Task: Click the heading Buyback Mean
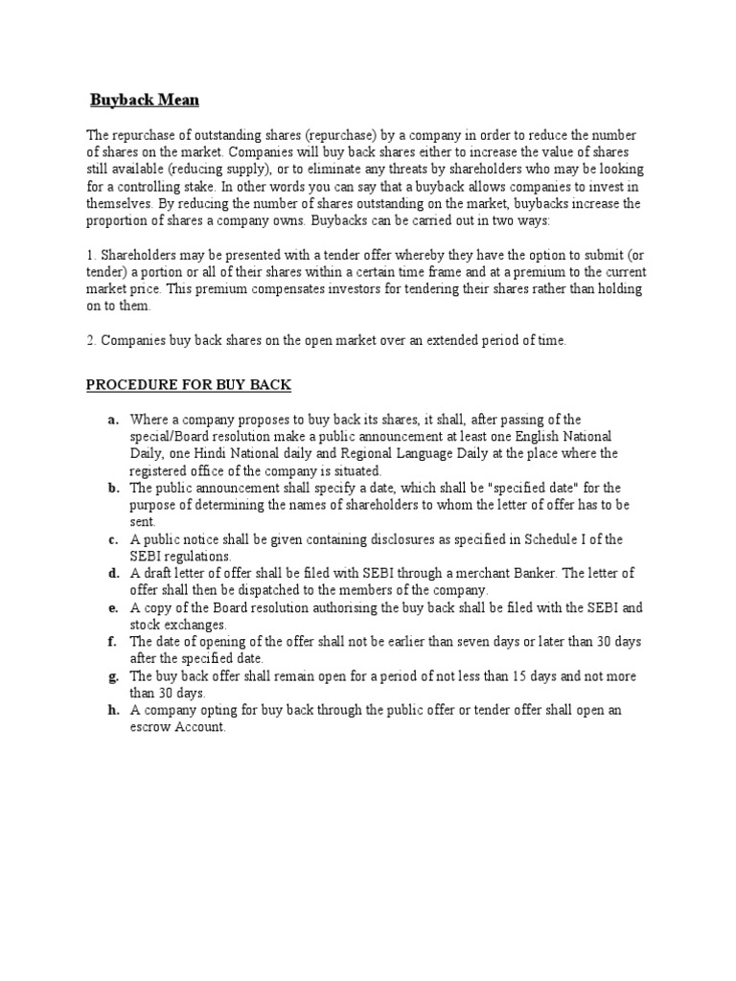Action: click(145, 100)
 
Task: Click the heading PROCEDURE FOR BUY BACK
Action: click(189, 385)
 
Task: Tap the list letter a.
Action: click(112, 420)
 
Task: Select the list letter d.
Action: click(112, 573)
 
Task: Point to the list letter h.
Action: click(112, 710)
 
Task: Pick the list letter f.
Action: click(112, 641)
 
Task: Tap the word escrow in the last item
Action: click(149, 727)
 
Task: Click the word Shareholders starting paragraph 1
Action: click(144, 255)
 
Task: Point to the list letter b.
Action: click(112, 488)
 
